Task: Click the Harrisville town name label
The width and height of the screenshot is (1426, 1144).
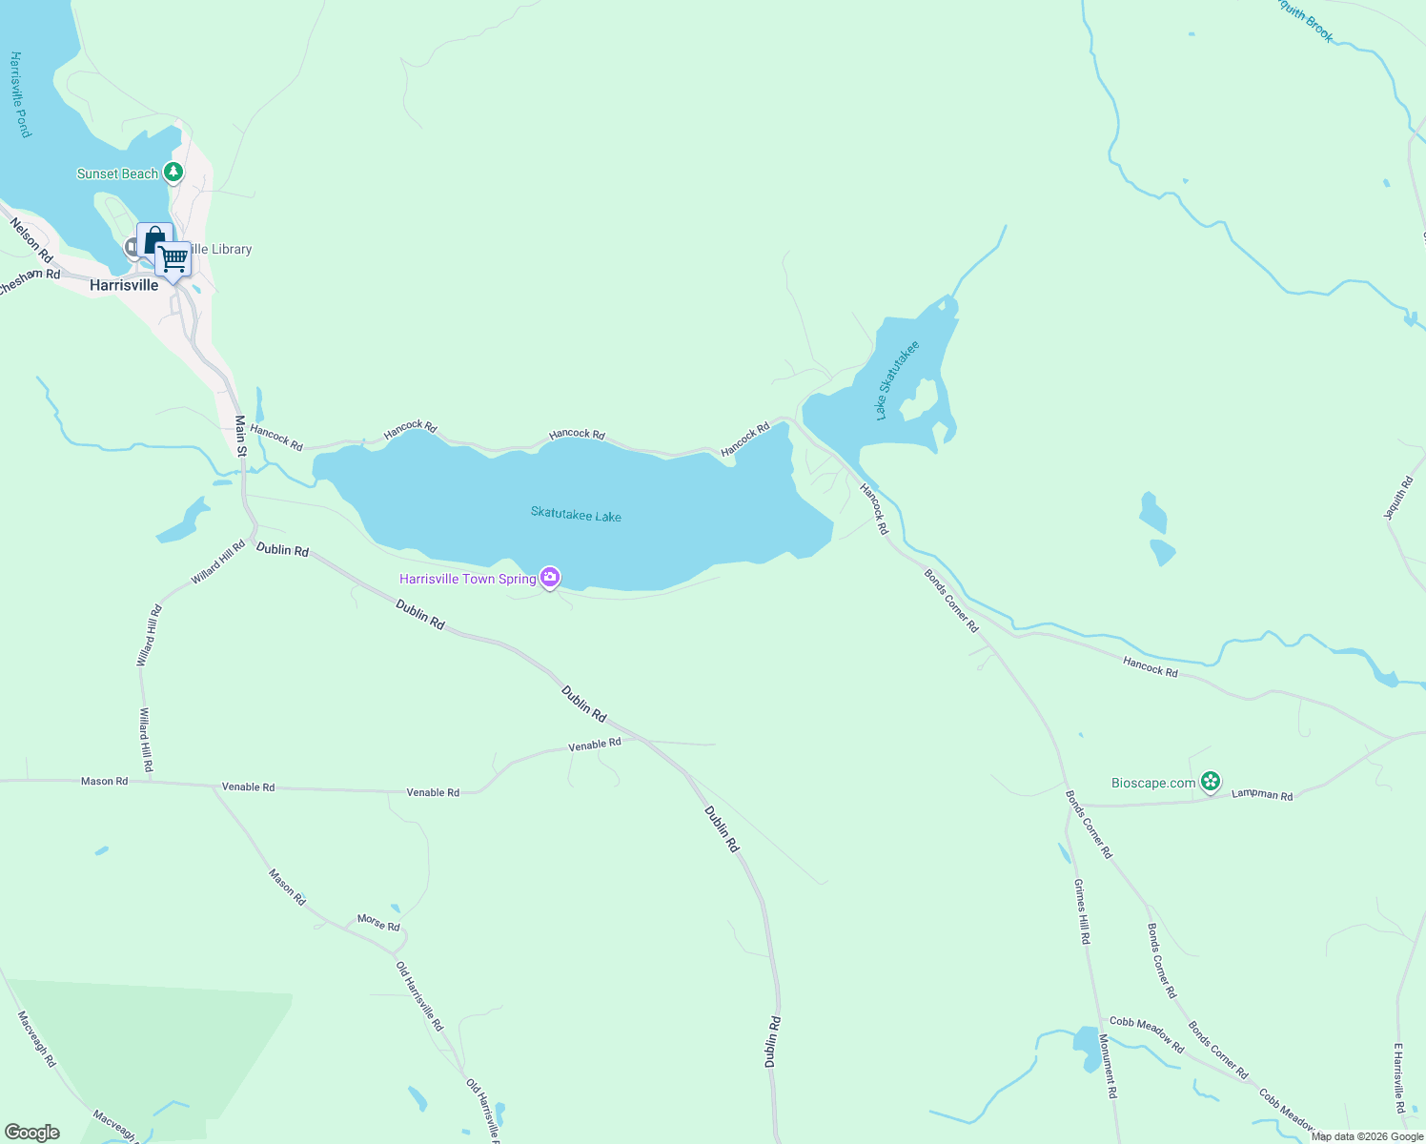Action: (124, 285)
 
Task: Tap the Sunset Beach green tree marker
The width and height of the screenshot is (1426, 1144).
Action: (173, 173)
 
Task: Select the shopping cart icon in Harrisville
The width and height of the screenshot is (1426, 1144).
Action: (173, 258)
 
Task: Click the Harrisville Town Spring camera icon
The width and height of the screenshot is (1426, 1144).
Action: (550, 578)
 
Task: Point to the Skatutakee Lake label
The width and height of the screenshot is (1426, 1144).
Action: (576, 515)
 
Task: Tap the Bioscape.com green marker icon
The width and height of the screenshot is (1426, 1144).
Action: (1210, 783)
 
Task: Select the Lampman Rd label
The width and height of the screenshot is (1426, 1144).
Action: (1262, 794)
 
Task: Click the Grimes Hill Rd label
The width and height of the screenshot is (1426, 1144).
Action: (1082, 911)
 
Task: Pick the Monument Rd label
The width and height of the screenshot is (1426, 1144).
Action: (1107, 1066)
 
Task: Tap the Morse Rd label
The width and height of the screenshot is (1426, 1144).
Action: (378, 922)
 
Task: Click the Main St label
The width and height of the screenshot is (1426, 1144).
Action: (240, 436)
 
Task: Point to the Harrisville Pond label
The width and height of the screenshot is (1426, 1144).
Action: (20, 94)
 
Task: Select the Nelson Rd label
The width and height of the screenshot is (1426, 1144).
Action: (31, 239)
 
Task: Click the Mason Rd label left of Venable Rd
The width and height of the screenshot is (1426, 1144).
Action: (104, 781)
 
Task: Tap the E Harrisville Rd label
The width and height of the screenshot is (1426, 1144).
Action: (1399, 1078)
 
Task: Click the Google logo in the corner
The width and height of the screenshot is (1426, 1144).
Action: (32, 1133)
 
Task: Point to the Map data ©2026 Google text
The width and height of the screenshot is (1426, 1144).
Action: (1367, 1136)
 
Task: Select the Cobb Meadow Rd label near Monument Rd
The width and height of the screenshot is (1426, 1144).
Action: (1147, 1034)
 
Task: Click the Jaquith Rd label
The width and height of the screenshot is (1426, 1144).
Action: (1399, 498)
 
